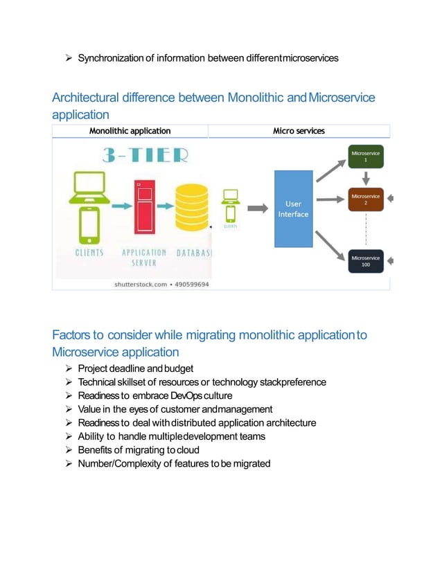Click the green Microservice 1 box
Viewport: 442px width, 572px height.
[366, 155]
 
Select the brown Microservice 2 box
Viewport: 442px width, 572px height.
[366, 199]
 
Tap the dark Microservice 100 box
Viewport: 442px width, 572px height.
[366, 261]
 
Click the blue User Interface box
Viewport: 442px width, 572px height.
[294, 208]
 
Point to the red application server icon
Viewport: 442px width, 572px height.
[144, 206]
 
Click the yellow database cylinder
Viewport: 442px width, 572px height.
[191, 208]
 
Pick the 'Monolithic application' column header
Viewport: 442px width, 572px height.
[130, 131]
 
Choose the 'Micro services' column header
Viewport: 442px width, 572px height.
[299, 131]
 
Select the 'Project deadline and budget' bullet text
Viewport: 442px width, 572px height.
[135, 368]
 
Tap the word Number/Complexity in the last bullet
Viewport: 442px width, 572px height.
[119, 463]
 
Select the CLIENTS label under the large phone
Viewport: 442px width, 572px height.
[89, 253]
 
